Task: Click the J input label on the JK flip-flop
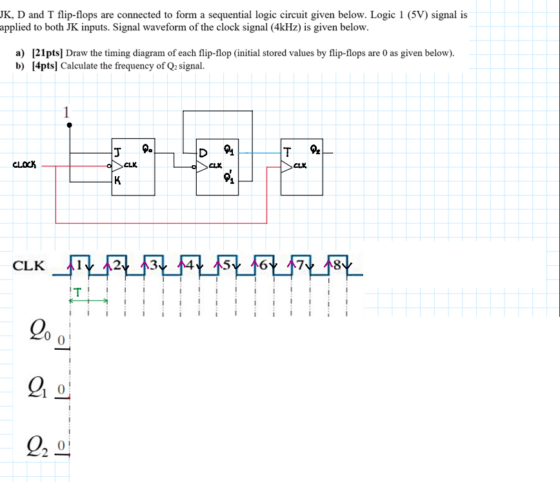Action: [x=117, y=153]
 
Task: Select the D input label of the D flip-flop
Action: [x=203, y=154]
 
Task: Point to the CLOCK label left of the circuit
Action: [x=25, y=165]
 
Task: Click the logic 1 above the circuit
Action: [x=66, y=112]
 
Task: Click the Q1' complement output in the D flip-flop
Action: [x=230, y=178]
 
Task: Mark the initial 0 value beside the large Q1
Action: [x=60, y=390]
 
